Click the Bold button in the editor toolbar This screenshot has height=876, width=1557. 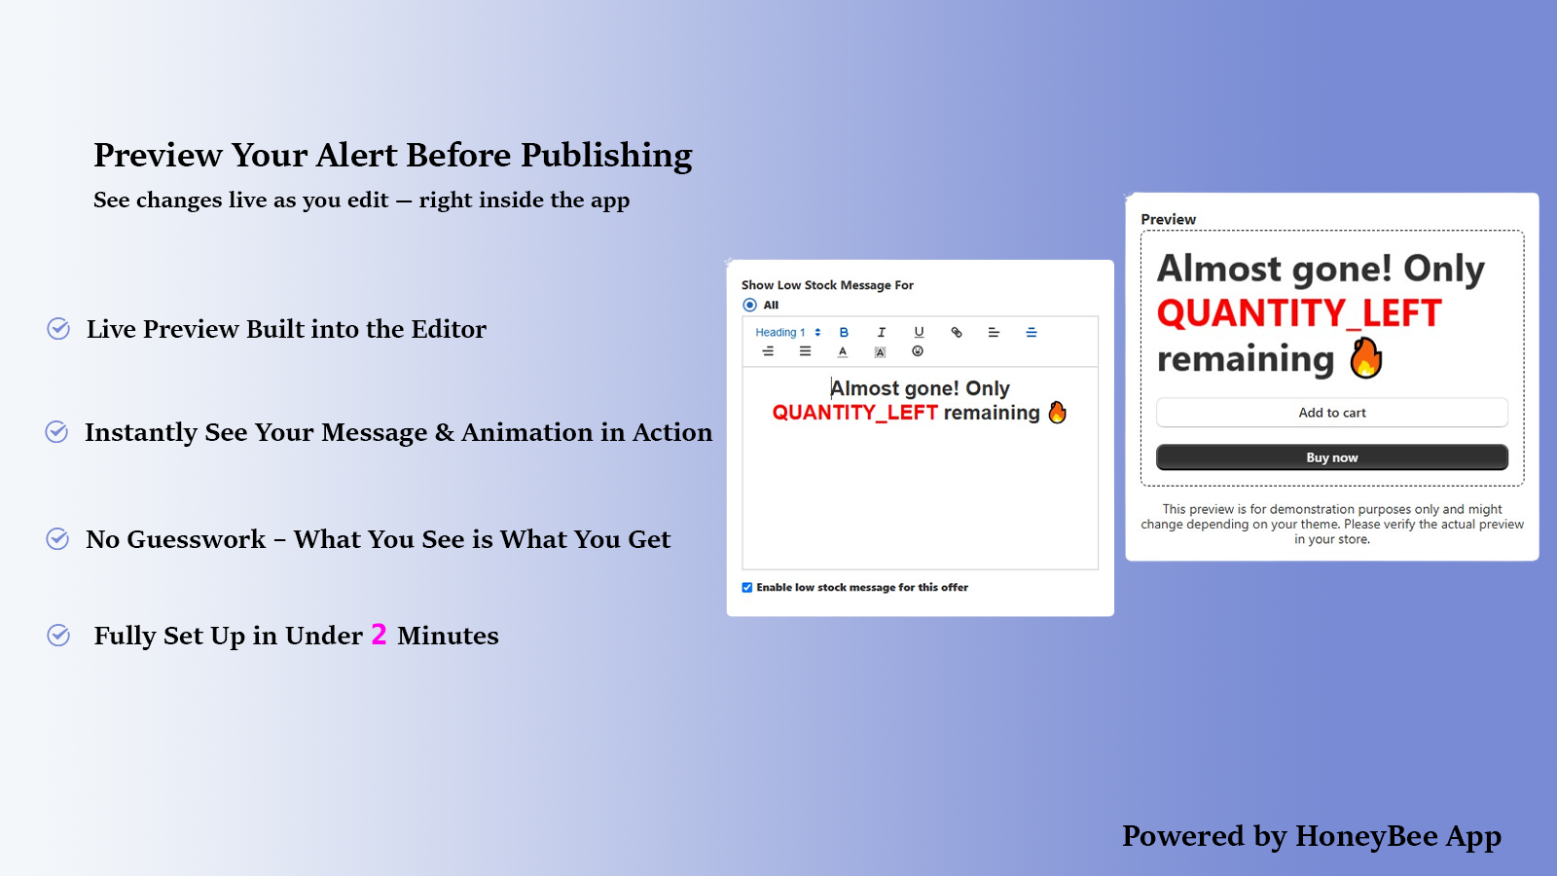click(844, 332)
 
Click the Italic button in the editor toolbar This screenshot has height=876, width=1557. click(882, 332)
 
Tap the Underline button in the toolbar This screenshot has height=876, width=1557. click(919, 332)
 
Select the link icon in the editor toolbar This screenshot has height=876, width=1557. click(957, 332)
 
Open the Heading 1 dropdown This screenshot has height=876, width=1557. click(788, 332)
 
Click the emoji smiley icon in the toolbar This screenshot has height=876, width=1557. click(918, 351)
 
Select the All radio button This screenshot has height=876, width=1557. click(749, 305)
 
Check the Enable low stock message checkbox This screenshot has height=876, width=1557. click(747, 588)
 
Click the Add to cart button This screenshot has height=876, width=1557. click(1332, 413)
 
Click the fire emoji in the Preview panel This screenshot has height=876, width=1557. click(1366, 359)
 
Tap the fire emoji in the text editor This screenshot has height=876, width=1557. click(1057, 413)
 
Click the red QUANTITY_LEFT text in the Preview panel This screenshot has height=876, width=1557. click(1299, 312)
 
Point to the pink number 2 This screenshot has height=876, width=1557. click(379, 634)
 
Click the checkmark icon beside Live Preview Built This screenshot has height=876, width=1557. click(58, 329)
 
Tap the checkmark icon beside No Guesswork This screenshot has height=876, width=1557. click(57, 539)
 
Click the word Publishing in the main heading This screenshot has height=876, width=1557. click(606, 156)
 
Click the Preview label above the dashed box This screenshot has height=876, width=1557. click(1168, 219)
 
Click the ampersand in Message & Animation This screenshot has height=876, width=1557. click(444, 432)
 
